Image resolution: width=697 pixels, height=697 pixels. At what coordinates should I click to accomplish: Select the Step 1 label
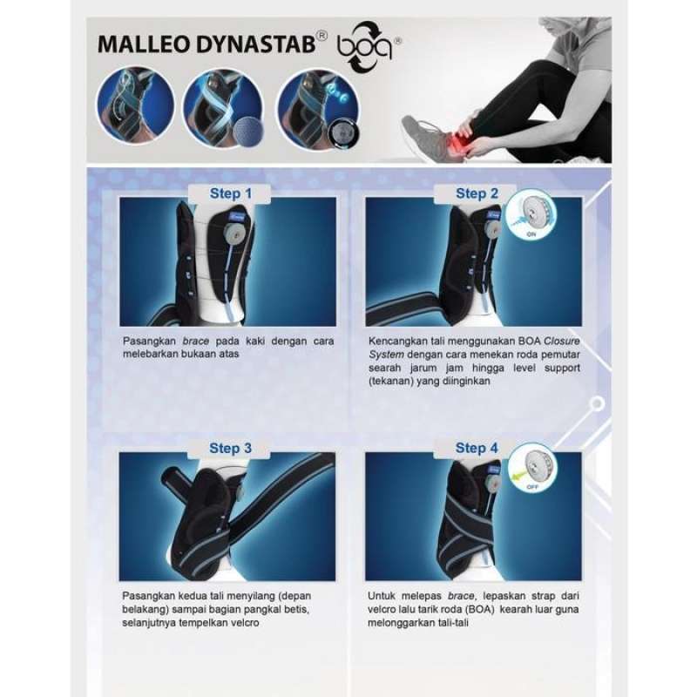[230, 193]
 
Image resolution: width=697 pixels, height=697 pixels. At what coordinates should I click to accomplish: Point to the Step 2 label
[477, 193]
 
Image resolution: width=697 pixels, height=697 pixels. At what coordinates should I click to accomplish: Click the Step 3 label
[230, 449]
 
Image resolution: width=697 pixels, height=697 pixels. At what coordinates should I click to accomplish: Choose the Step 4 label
[477, 449]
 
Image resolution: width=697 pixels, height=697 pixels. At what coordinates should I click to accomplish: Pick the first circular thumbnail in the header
[135, 106]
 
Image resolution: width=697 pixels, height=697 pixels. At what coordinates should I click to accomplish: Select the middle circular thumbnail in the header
[221, 106]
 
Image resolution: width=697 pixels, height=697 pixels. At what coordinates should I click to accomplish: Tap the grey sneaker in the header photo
[424, 139]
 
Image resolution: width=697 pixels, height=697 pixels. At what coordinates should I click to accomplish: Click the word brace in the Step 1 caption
[193, 342]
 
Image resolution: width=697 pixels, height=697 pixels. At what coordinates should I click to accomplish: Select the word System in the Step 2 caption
[386, 355]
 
